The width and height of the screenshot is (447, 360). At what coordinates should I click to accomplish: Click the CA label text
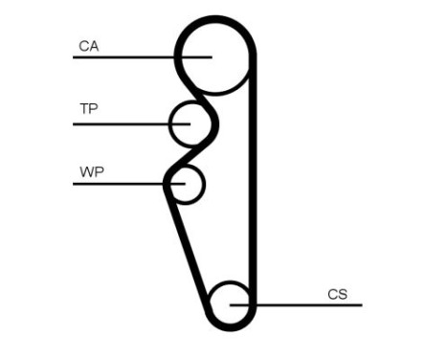coord(89,45)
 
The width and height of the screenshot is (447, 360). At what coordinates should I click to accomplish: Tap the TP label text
coord(88,109)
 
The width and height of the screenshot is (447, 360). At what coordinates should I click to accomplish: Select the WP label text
coord(91,172)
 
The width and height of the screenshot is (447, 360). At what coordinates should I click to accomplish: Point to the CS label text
coord(337,294)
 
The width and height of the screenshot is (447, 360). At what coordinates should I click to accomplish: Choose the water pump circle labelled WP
coord(187,183)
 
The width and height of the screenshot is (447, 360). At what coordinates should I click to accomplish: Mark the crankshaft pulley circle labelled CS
coord(231,304)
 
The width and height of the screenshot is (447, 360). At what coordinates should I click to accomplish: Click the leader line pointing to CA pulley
coord(124,57)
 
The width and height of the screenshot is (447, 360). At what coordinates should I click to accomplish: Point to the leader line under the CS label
coord(306,305)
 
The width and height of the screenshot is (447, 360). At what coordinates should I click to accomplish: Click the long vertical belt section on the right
coord(253,182)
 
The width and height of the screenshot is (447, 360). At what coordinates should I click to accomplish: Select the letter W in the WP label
coord(85,172)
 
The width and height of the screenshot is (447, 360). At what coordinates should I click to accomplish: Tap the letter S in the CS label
coord(342,294)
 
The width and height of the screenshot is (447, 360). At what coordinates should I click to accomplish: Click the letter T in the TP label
coord(83,109)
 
